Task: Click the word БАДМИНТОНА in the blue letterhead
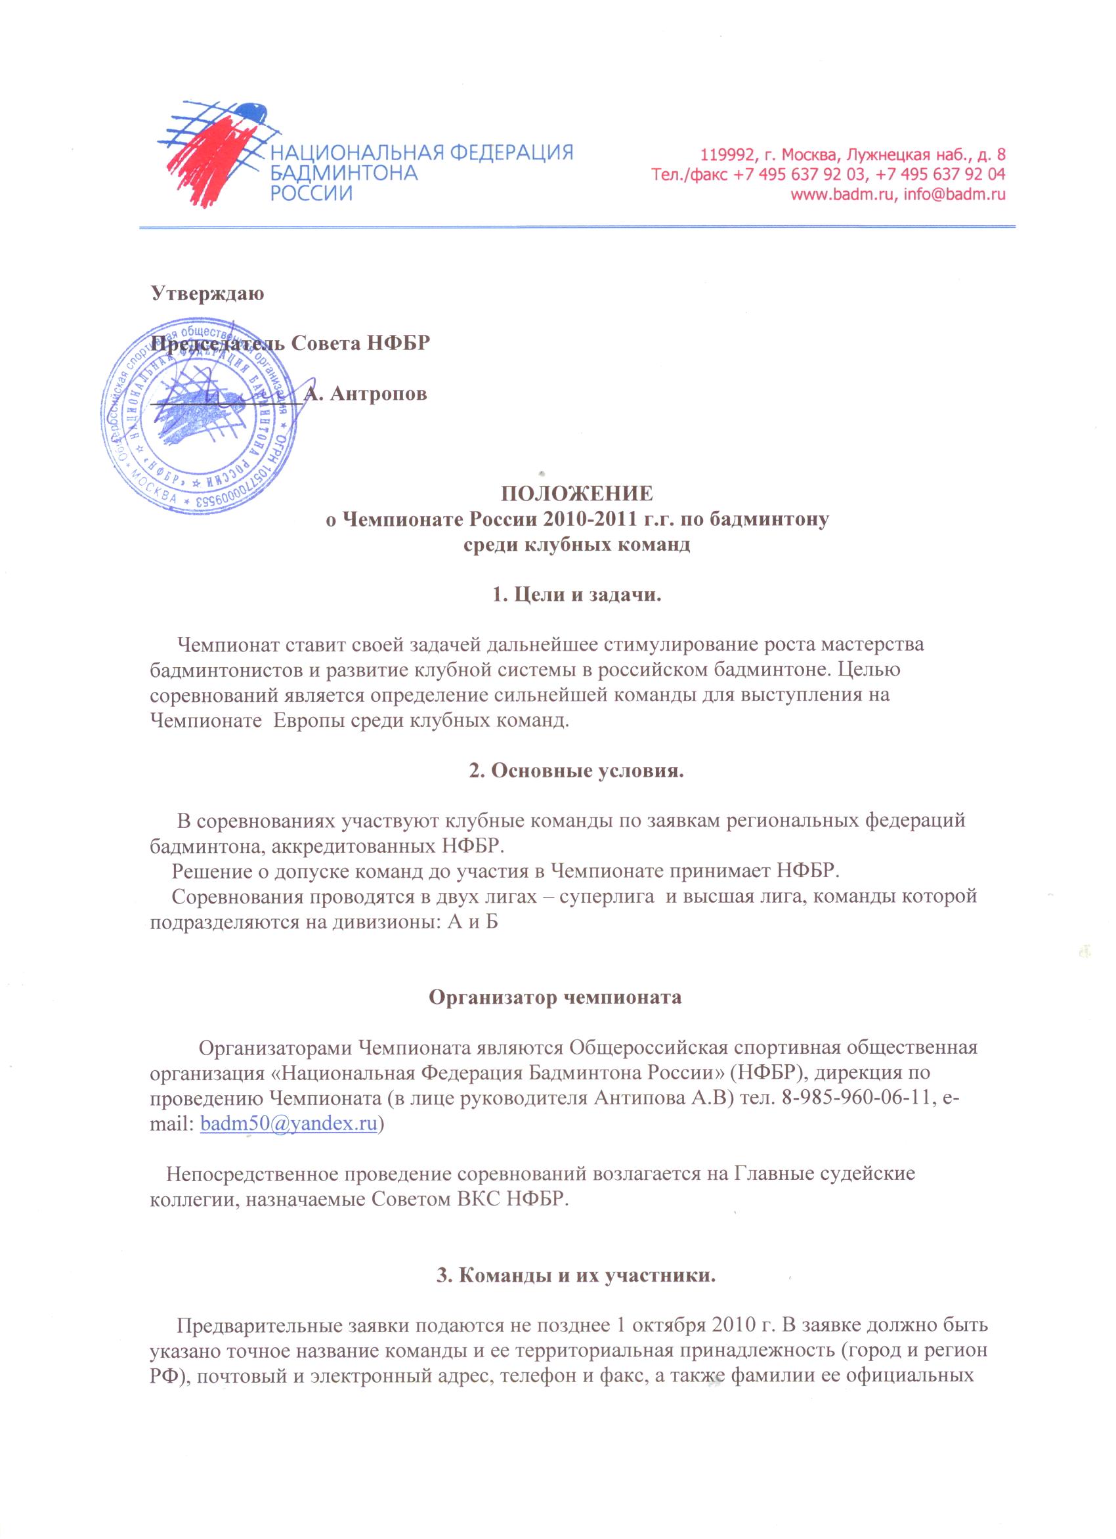[344, 173]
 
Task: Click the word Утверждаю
[207, 294]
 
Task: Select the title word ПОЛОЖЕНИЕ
[576, 492]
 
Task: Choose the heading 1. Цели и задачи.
[576, 596]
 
